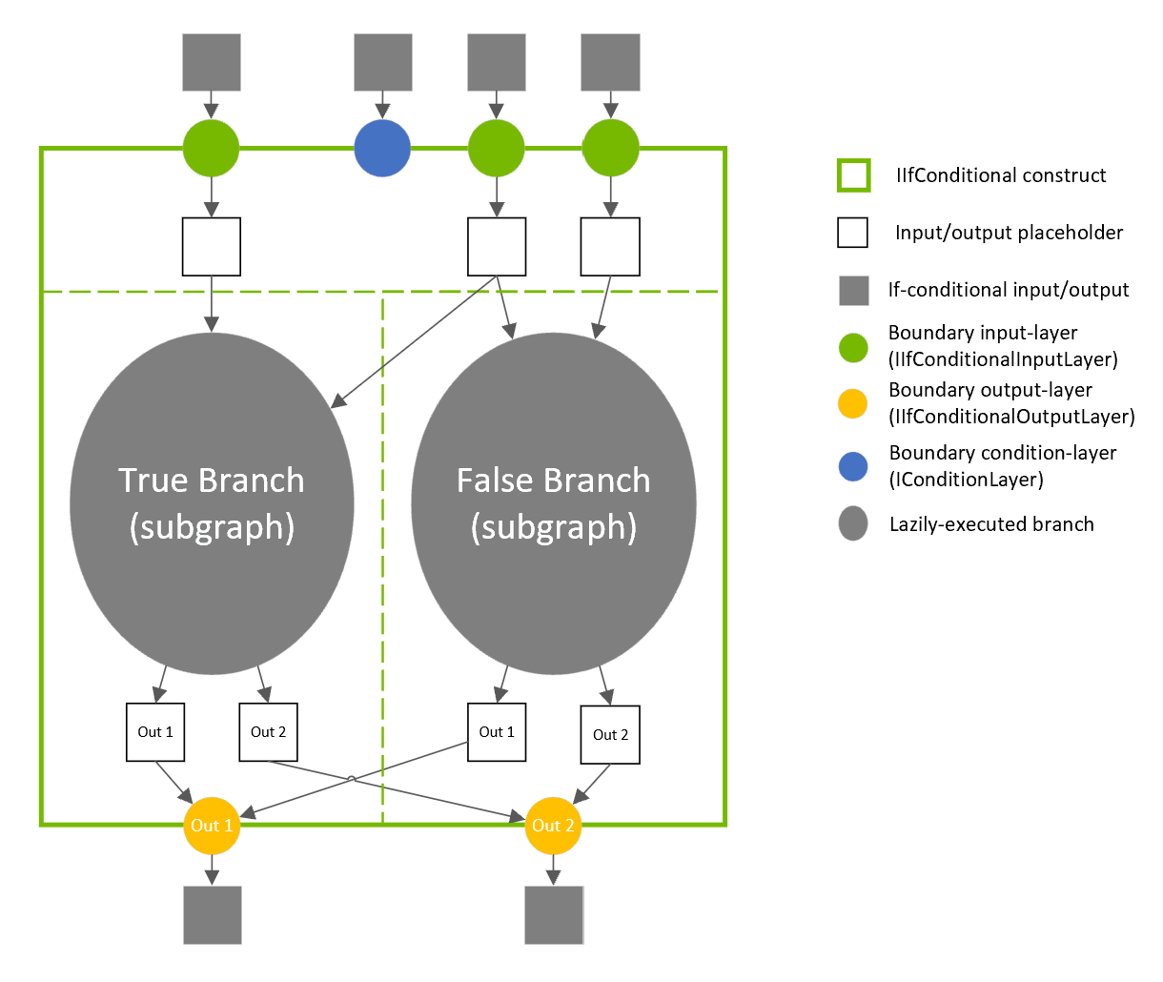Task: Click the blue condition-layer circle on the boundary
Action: point(382,149)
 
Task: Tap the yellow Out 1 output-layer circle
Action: point(212,826)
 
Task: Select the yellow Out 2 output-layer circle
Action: point(553,826)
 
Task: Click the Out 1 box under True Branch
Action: point(155,732)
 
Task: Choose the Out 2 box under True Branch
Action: point(268,732)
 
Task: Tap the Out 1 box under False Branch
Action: point(497,732)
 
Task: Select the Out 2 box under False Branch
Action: point(610,735)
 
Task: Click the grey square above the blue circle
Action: point(382,63)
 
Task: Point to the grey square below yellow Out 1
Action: point(212,915)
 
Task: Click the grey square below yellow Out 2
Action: point(554,915)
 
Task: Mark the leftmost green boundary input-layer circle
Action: point(212,149)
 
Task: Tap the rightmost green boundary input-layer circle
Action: point(610,149)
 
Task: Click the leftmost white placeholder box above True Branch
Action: point(212,247)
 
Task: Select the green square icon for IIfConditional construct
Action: point(853,175)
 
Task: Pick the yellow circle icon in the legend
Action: point(853,403)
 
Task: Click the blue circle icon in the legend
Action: point(853,466)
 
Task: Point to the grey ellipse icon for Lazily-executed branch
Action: point(853,523)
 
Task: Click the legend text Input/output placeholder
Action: point(1009,233)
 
